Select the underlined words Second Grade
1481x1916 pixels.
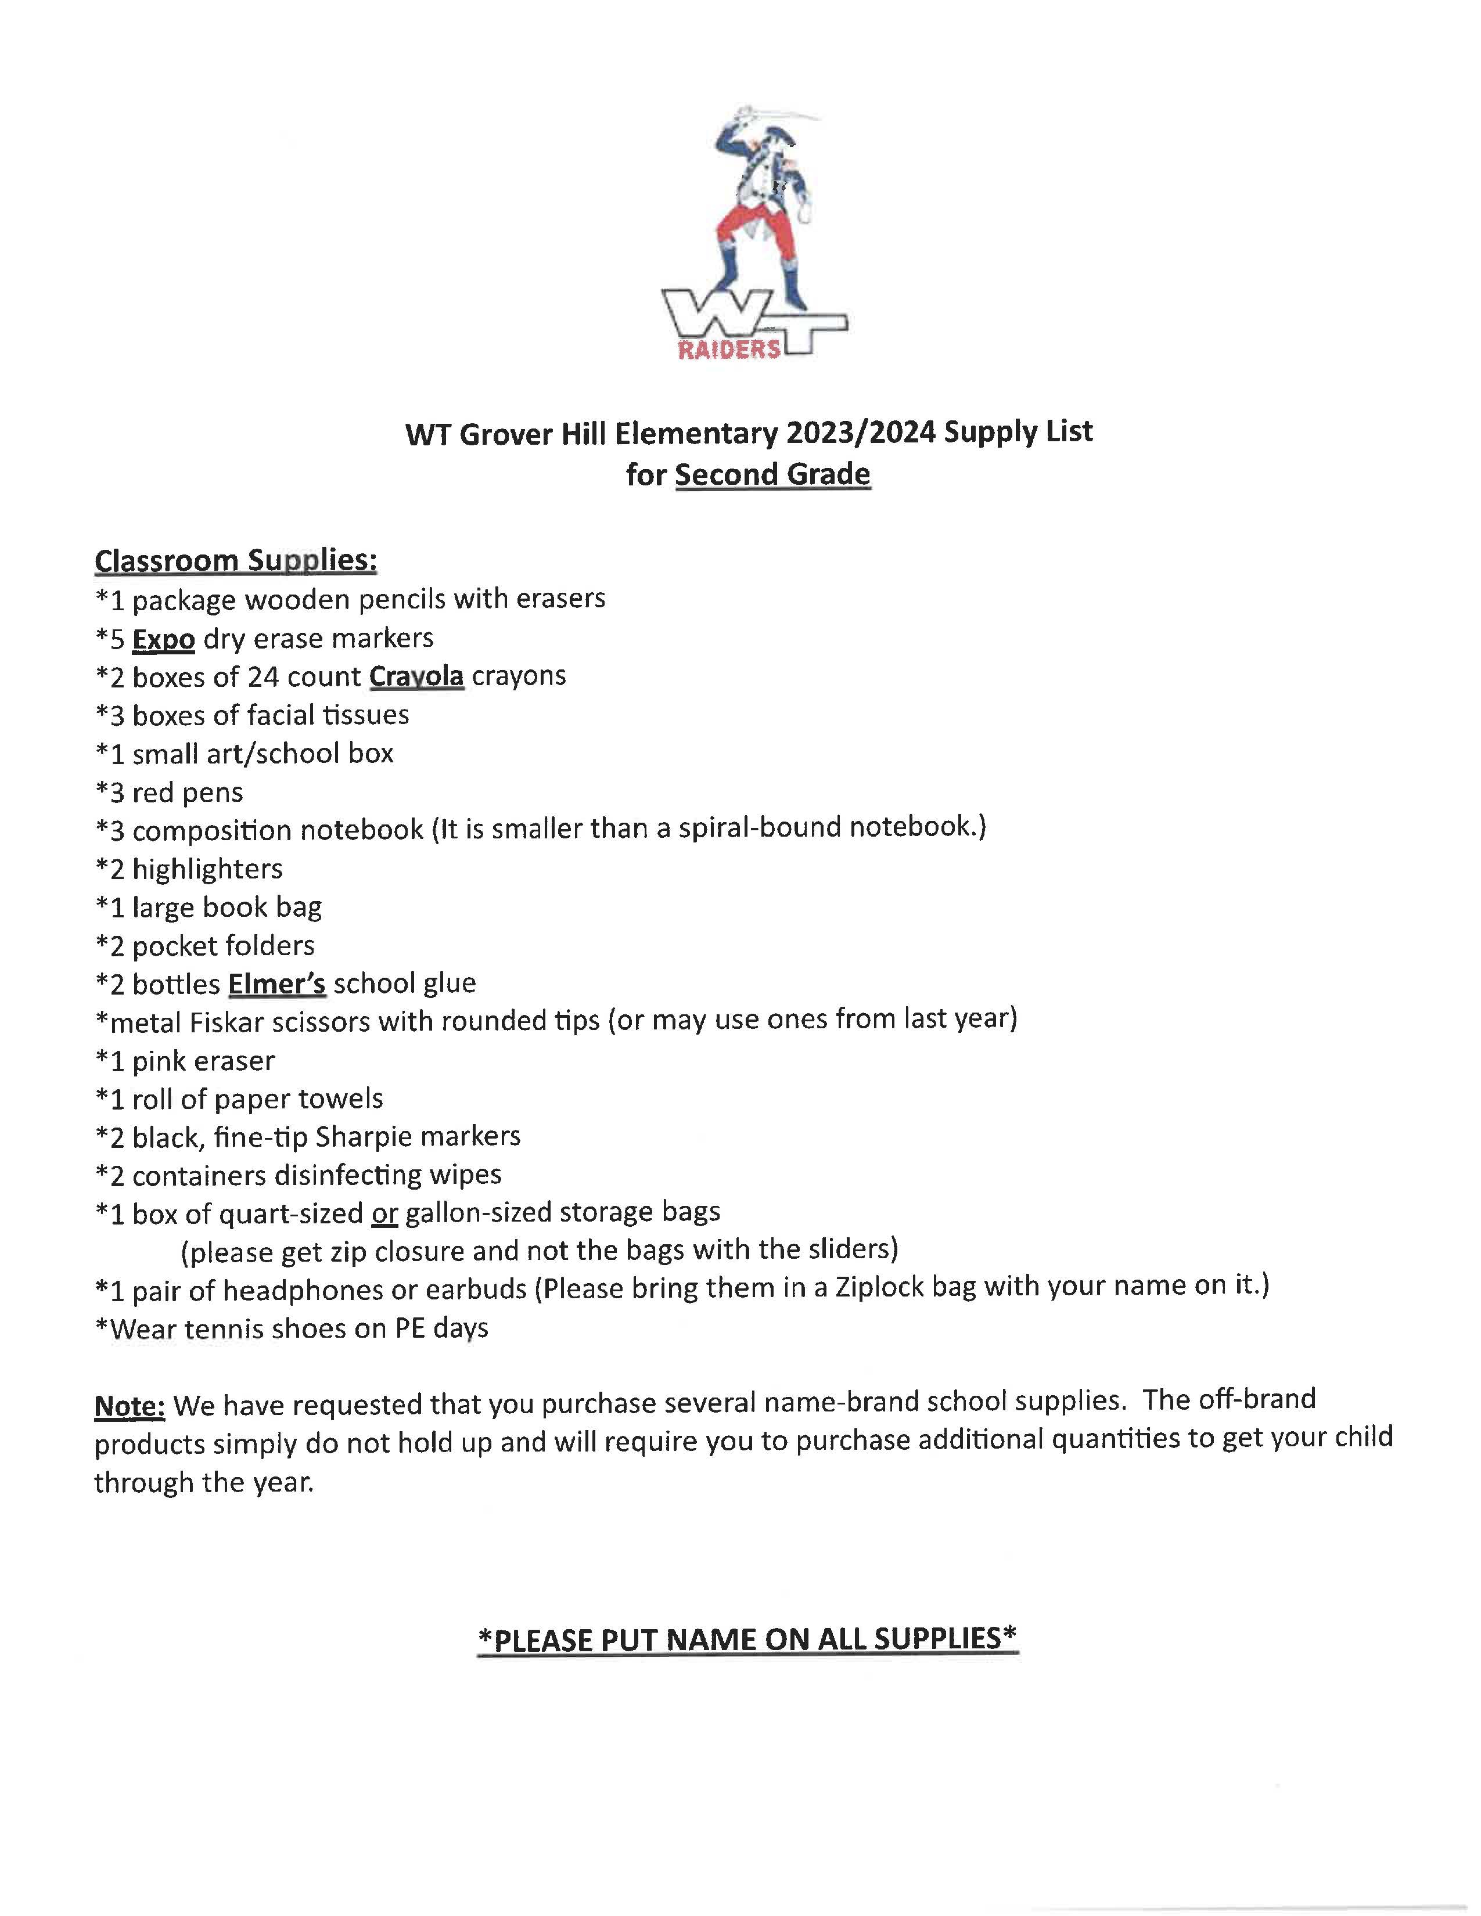[x=772, y=474]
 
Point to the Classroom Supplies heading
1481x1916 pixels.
[x=235, y=560]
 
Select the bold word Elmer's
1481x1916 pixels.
[x=276, y=984]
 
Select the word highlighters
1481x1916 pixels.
[x=207, y=869]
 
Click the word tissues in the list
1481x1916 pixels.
[x=365, y=715]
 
